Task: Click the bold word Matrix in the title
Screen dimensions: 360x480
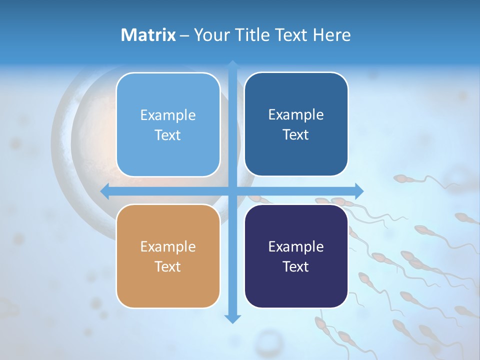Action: point(148,35)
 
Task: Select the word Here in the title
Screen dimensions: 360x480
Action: point(331,35)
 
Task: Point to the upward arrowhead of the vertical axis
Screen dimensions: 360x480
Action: point(232,65)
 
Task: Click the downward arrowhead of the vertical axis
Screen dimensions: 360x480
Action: point(232,318)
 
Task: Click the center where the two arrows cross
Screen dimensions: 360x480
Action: point(232,191)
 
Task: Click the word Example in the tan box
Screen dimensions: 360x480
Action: point(168,246)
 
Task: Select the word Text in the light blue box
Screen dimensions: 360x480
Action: point(168,135)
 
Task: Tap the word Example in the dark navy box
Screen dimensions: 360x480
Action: point(296,246)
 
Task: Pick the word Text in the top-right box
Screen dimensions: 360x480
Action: point(296,135)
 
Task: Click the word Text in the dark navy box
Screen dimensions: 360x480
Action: point(296,267)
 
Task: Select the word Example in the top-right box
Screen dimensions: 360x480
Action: point(296,114)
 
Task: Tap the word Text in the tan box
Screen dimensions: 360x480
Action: point(168,267)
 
